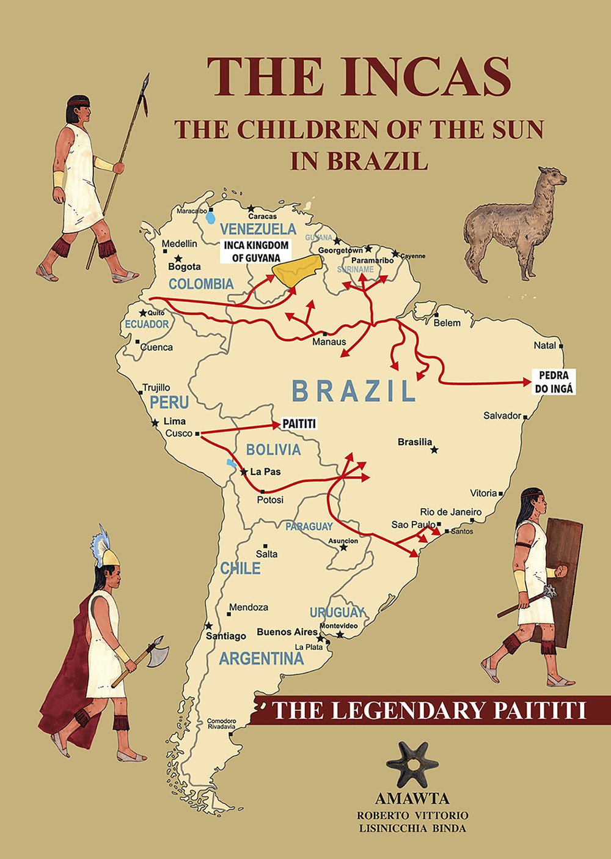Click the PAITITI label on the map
click(299, 424)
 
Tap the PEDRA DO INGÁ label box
click(554, 382)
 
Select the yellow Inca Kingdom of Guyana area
click(297, 270)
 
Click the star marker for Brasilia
click(434, 450)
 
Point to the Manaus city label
click(329, 342)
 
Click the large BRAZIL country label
click(353, 391)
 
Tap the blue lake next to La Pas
click(232, 463)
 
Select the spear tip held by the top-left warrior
click(145, 92)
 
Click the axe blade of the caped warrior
click(158, 653)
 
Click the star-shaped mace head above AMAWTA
click(412, 764)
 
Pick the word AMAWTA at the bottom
click(412, 798)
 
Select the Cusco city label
click(178, 433)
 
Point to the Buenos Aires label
click(287, 632)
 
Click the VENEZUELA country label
click(258, 229)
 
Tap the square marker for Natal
click(560, 346)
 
